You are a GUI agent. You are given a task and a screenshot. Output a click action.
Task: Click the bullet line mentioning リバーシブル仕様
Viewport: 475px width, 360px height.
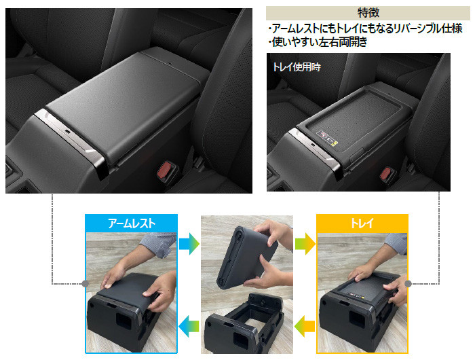pos(366,29)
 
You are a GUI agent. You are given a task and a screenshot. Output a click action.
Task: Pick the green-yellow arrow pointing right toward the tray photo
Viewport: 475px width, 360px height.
pos(303,242)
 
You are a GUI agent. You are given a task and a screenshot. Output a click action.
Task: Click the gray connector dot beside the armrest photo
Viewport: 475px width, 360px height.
pos(85,284)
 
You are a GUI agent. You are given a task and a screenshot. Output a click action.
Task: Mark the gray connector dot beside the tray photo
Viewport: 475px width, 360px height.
pos(408,284)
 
